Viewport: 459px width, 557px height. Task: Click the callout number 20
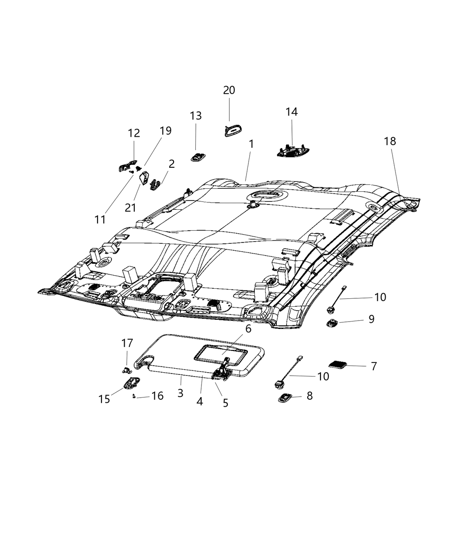(229, 90)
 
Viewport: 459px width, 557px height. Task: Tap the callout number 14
(292, 112)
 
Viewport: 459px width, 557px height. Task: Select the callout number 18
(390, 141)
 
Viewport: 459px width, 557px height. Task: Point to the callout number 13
(196, 116)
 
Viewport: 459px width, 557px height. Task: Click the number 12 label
(134, 133)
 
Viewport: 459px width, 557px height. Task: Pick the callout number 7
(373, 366)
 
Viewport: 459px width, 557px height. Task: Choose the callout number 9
(371, 319)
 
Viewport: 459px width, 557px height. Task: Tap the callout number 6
(248, 329)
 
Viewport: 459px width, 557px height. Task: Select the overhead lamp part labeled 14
(293, 151)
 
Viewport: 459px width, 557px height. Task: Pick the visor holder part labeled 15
(130, 384)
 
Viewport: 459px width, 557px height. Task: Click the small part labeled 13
(198, 156)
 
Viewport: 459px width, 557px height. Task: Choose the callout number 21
(130, 208)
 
